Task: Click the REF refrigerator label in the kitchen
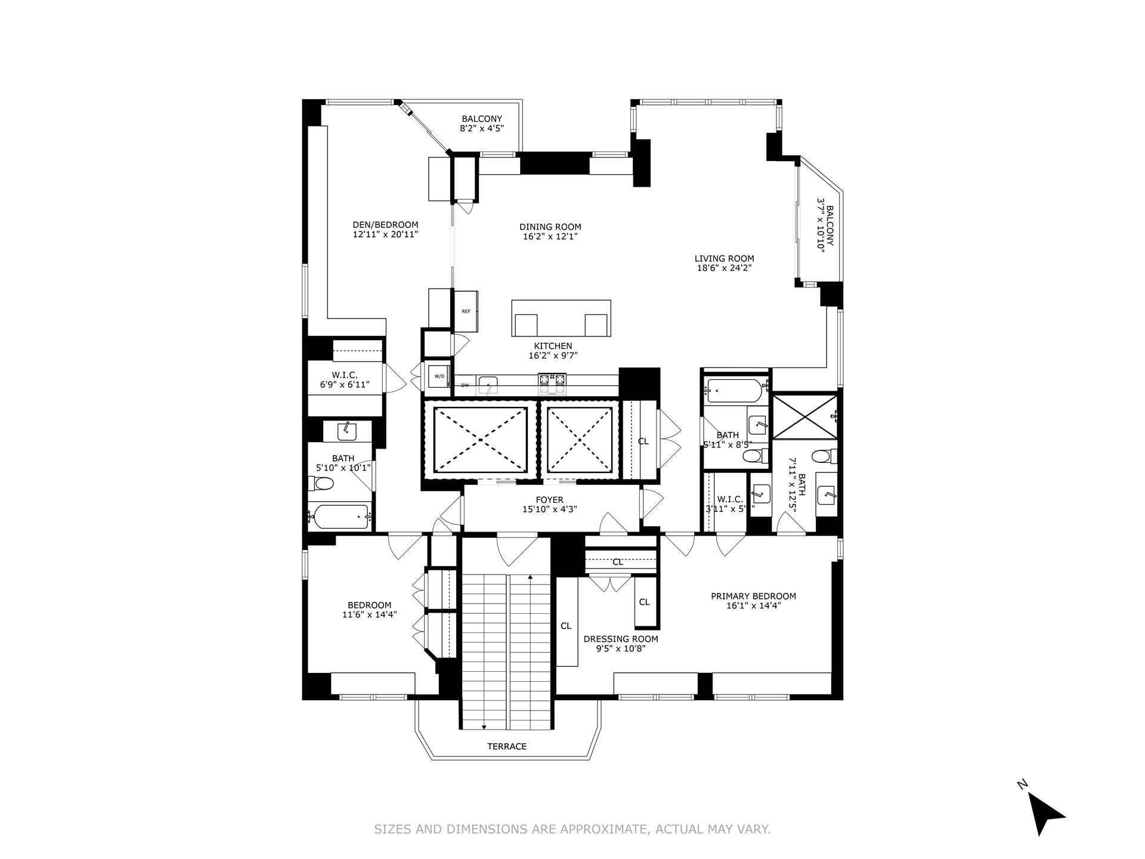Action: coord(466,311)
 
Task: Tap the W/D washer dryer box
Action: coord(439,376)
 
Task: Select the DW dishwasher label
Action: coord(465,385)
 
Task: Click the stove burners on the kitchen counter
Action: coord(552,384)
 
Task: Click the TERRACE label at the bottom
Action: coord(507,746)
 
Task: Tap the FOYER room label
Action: coord(549,500)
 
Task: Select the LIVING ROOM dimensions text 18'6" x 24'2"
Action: coord(724,268)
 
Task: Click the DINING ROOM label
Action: coord(550,227)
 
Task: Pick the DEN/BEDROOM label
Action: coord(385,225)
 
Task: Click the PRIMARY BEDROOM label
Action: coord(753,596)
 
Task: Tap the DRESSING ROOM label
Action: coord(621,639)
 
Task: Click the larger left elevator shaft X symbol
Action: coord(481,440)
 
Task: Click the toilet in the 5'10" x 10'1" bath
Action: coord(321,483)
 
